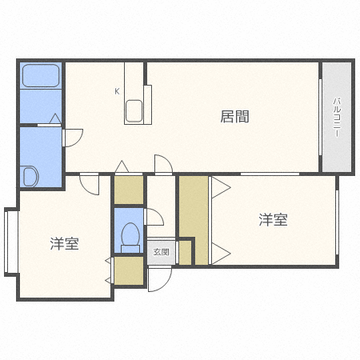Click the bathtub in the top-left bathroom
41,76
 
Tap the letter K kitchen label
117,91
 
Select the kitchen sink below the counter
134,111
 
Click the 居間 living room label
234,117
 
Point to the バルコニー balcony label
337,116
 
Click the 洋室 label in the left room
63,243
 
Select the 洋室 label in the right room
273,219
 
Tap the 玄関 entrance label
161,252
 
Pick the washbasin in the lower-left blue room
31,175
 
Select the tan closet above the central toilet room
128,190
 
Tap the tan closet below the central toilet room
128,270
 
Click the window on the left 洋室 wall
10,240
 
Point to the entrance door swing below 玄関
159,278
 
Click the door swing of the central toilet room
154,217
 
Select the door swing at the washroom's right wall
71,137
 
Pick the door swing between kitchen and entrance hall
162,166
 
